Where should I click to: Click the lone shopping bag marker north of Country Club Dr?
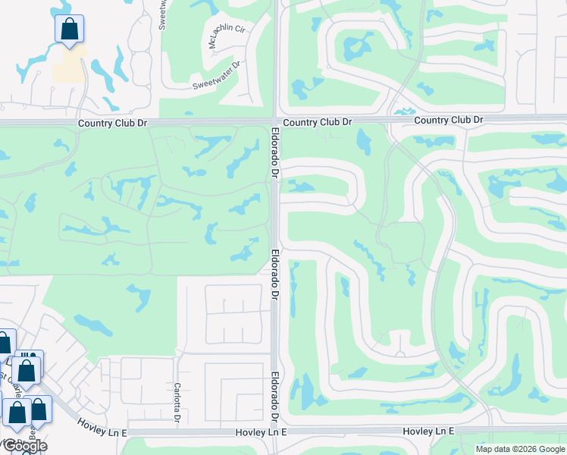69,30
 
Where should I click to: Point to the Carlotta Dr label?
177,402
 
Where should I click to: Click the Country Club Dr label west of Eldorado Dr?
112,122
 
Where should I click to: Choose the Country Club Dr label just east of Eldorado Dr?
318,121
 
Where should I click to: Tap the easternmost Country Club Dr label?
449,120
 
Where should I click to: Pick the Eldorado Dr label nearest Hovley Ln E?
274,394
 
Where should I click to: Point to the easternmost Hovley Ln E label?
428,431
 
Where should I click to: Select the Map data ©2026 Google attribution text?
520,449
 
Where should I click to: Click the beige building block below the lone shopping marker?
69,67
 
